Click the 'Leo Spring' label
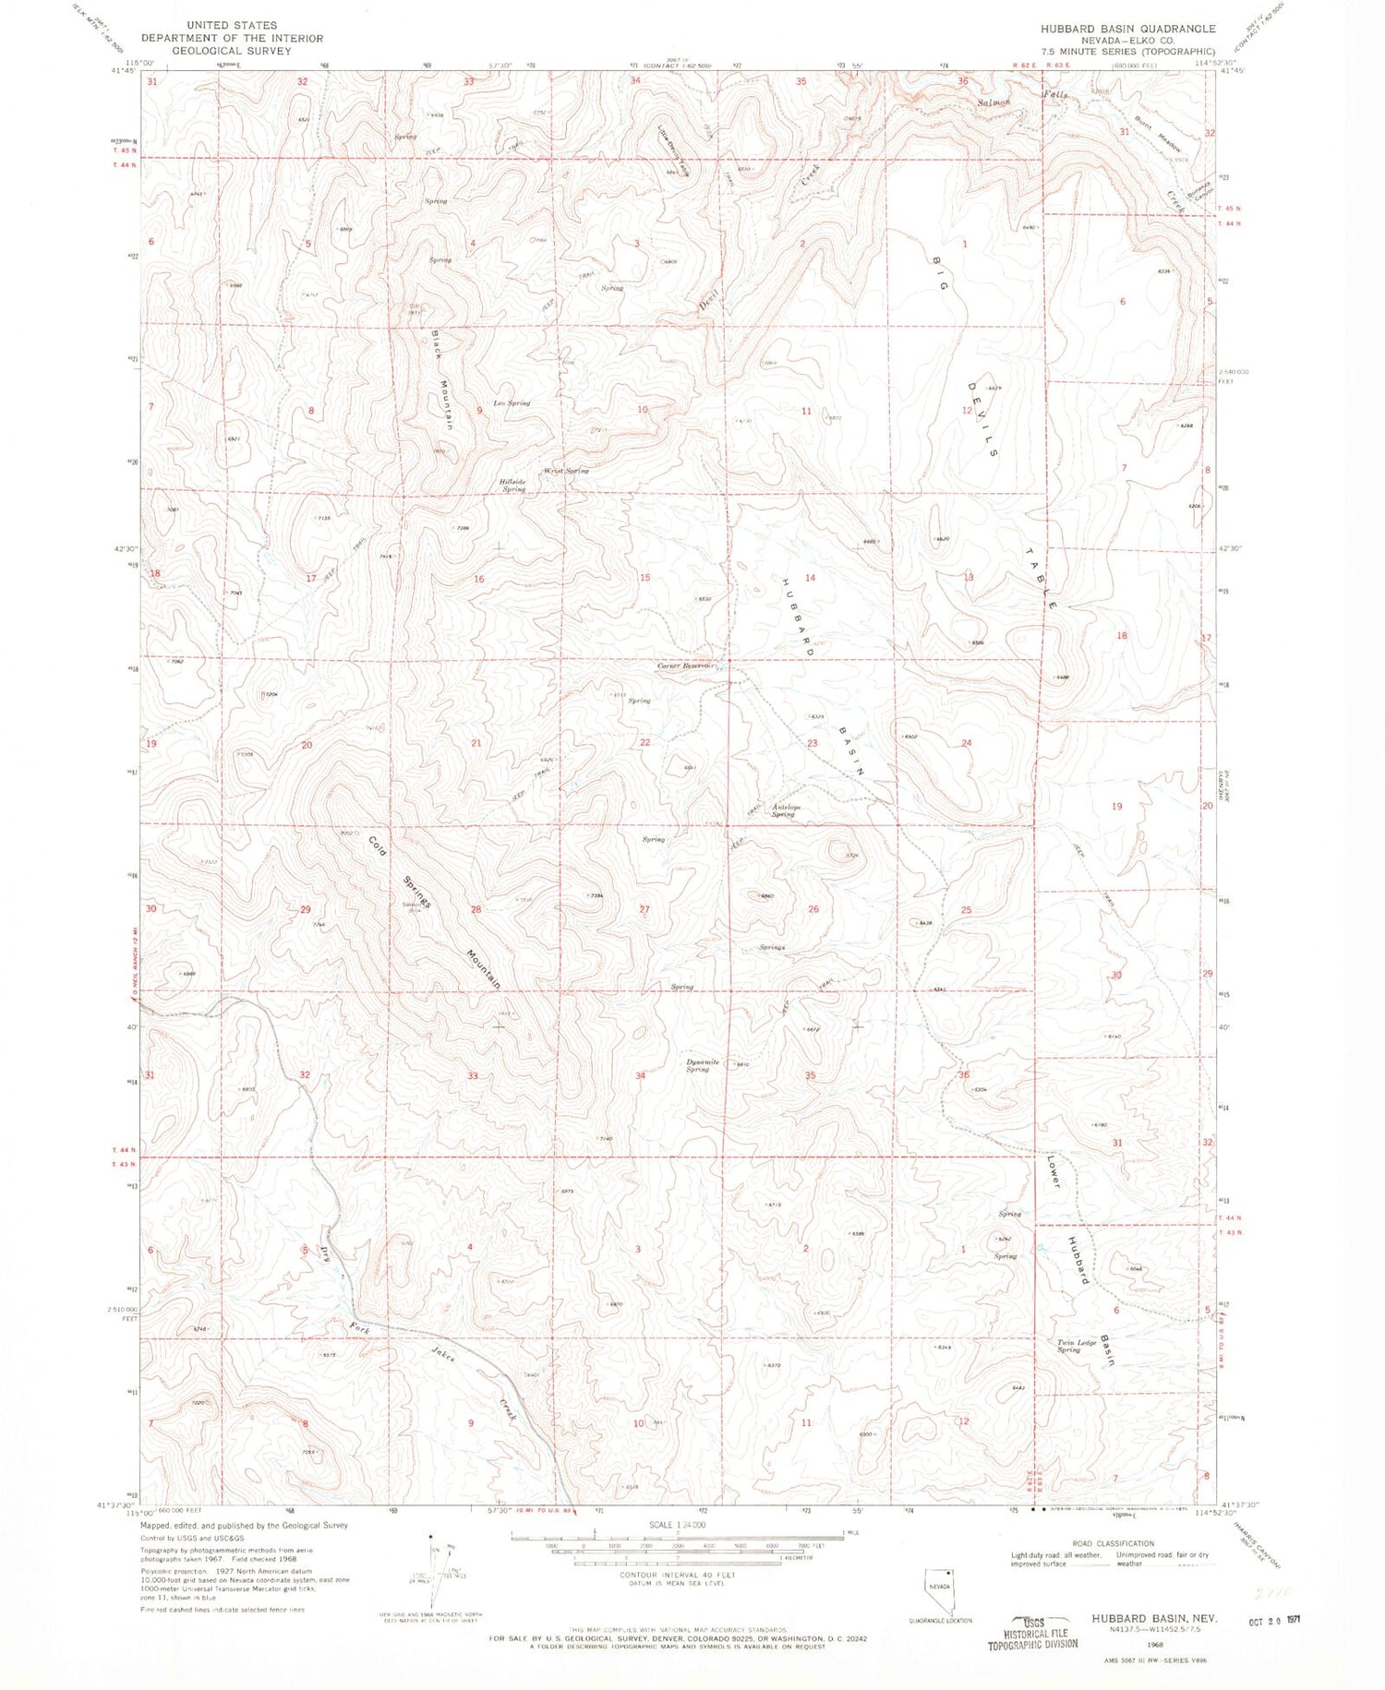pyautogui.click(x=512, y=403)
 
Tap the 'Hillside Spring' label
pyautogui.click(x=513, y=485)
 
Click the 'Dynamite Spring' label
pyautogui.click(x=703, y=1065)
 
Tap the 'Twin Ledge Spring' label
pyautogui.click(x=1078, y=1346)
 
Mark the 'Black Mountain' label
pyautogui.click(x=441, y=380)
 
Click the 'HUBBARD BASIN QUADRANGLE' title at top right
pyautogui.click(x=1127, y=29)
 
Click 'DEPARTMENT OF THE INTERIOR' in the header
pyautogui.click(x=232, y=38)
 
